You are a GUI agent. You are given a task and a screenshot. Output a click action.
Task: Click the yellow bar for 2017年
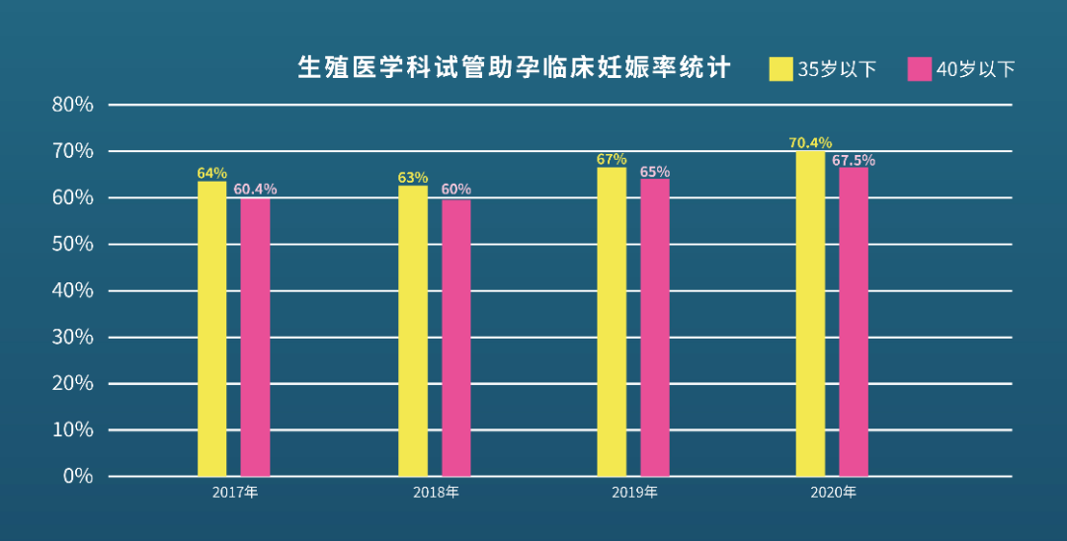click(211, 329)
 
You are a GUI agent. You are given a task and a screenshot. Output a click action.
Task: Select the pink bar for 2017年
click(255, 337)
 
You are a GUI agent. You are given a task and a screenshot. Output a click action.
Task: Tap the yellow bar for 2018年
click(413, 331)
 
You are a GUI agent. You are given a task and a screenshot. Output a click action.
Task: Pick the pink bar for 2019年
click(654, 327)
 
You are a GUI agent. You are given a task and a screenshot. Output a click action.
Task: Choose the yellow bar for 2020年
click(810, 313)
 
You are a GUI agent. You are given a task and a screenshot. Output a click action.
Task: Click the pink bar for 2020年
click(854, 322)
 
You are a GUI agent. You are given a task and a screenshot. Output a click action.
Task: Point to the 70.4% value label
click(810, 142)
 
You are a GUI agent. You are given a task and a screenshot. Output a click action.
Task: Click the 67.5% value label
click(854, 160)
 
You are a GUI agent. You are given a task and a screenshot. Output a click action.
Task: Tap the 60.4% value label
click(255, 189)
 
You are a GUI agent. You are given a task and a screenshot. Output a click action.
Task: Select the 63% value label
click(413, 178)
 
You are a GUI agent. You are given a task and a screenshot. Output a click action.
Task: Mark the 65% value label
click(654, 172)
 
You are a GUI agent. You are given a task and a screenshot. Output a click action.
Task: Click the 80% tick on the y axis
click(72, 105)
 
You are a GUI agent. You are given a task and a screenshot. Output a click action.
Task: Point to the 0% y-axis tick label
click(78, 476)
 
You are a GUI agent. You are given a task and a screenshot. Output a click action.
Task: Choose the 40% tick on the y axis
click(72, 290)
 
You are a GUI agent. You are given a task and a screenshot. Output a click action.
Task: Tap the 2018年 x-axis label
click(435, 492)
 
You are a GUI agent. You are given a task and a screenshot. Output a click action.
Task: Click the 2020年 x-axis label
click(833, 492)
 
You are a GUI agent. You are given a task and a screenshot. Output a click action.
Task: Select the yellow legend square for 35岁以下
click(780, 69)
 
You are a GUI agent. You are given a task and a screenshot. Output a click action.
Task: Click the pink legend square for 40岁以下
click(919, 69)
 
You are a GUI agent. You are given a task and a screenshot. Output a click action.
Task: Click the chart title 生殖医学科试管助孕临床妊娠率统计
click(514, 67)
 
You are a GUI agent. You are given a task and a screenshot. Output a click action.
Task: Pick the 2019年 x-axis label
click(634, 492)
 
